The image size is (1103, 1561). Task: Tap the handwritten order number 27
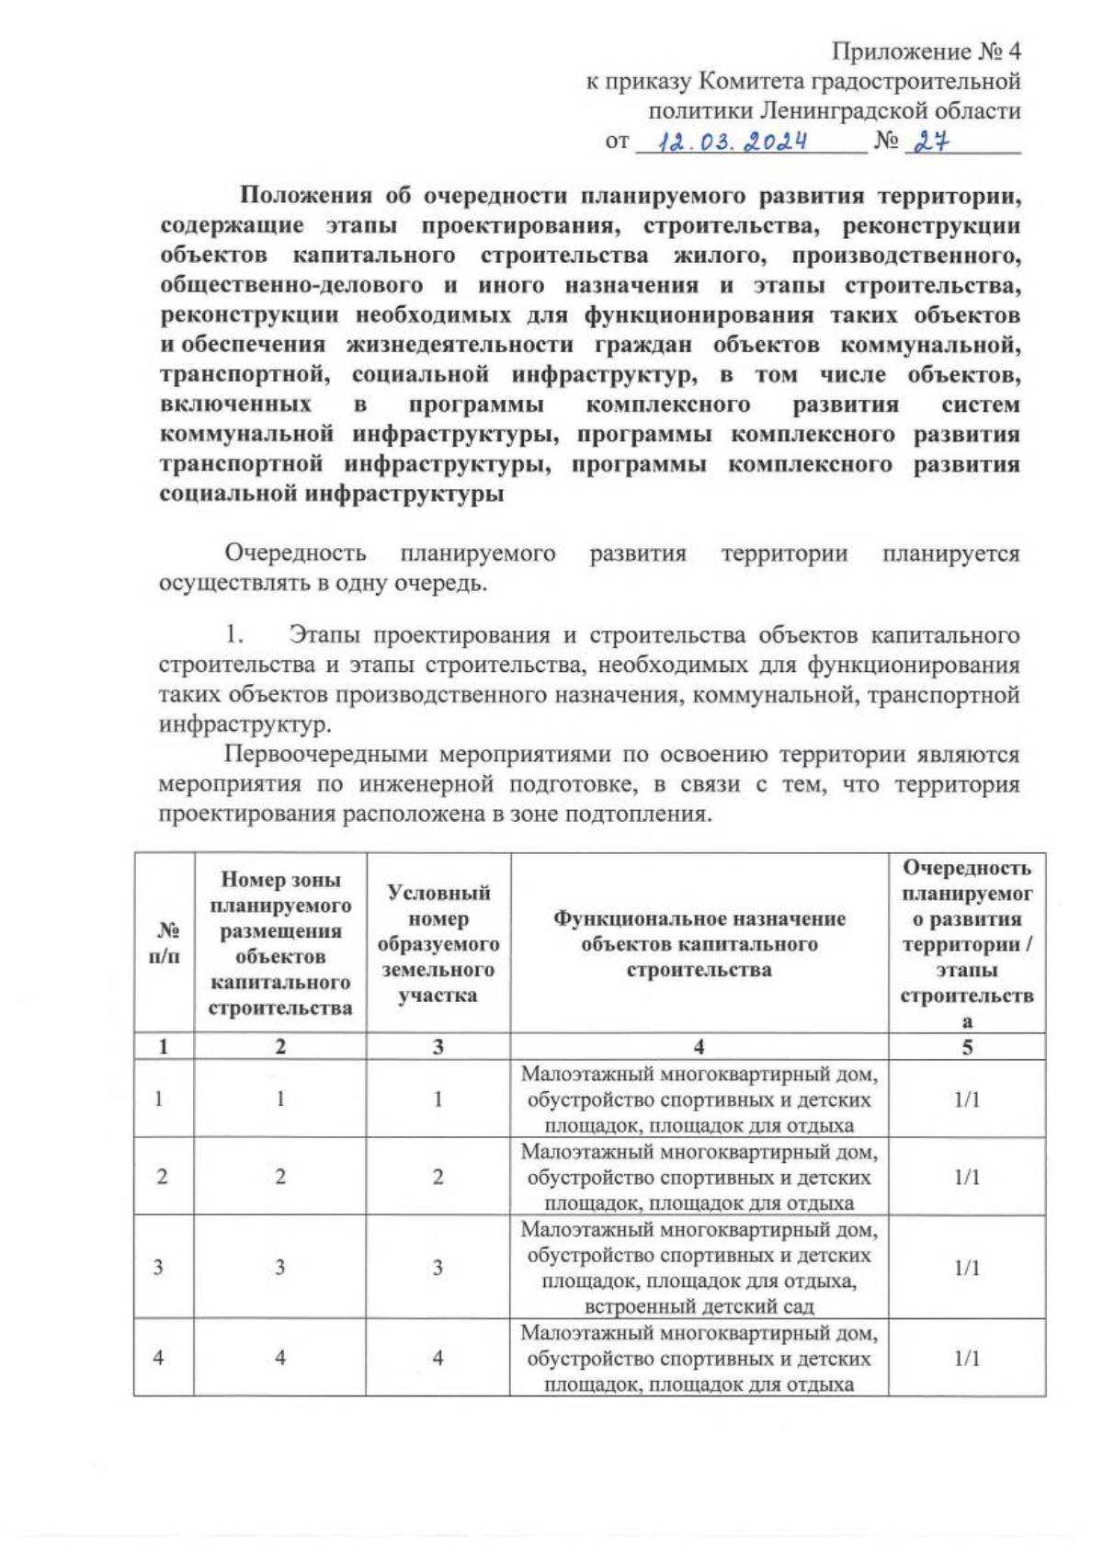928,142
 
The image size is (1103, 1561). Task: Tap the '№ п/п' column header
164,943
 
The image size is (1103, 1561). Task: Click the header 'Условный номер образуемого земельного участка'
438,943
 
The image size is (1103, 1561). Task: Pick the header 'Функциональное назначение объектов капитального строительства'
699,943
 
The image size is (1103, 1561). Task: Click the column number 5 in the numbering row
967,1046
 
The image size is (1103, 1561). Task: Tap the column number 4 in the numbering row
699,1046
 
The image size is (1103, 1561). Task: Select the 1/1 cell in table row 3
967,1268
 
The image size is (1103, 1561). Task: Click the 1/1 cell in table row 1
967,1100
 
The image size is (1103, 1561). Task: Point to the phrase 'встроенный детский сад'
699,1306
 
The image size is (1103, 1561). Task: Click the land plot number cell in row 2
438,1177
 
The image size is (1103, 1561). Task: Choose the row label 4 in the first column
160,1358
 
